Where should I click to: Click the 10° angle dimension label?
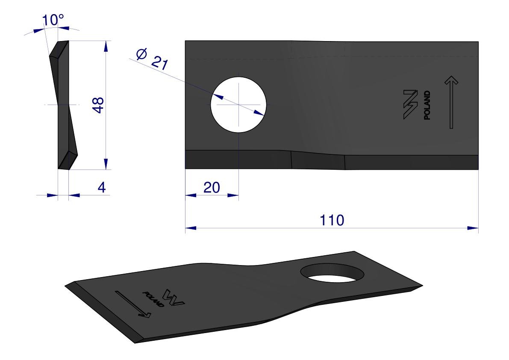53,20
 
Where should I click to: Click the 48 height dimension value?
98,105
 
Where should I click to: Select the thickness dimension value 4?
102,187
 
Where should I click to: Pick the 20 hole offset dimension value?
212,188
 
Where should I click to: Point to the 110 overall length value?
332,220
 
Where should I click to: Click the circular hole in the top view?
238,104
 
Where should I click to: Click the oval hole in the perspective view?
332,273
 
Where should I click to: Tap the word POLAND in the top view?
427,105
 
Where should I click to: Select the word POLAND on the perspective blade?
153,299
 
